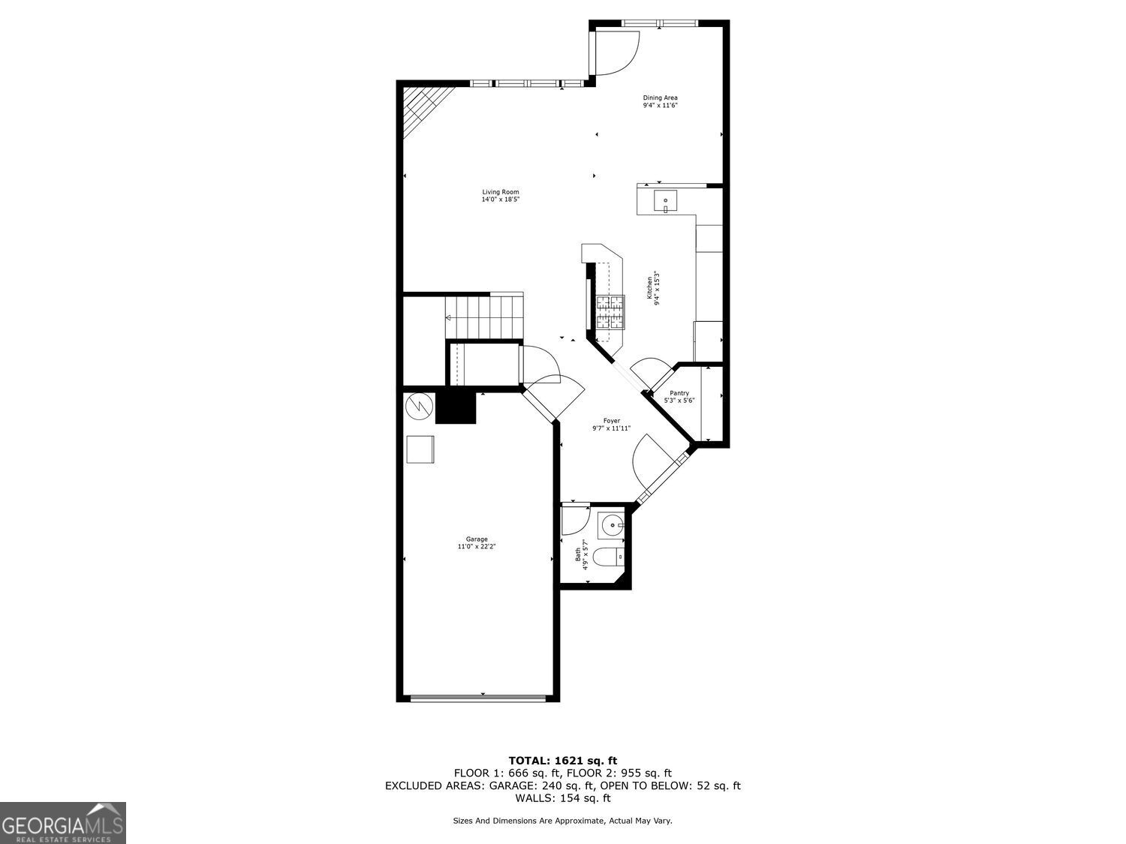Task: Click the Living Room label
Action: point(500,192)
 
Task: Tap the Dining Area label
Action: point(660,98)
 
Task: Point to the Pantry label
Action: point(679,393)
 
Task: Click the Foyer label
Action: point(611,421)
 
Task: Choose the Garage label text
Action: point(477,539)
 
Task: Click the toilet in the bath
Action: point(607,557)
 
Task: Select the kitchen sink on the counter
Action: point(665,201)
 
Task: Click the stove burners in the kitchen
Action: point(610,312)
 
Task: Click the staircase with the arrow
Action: point(484,316)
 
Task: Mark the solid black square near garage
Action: point(456,408)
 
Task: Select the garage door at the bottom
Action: point(477,698)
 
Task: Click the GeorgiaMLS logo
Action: point(62,823)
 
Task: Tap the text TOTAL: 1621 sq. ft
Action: point(562,760)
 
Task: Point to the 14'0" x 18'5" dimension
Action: point(500,200)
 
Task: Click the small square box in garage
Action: point(420,449)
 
